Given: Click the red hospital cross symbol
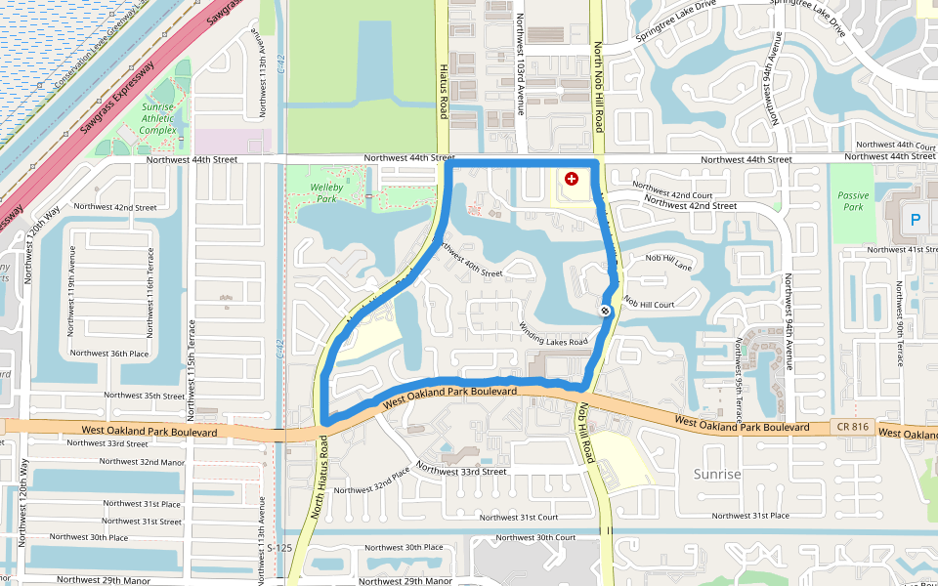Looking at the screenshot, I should pos(571,179).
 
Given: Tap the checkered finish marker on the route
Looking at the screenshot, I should pos(606,311).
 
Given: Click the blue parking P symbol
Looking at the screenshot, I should pos(916,221).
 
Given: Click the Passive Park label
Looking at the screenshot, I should pos(852,201).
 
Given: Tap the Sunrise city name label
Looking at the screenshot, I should pos(717,474).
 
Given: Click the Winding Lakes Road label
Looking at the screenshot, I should pos(553,334).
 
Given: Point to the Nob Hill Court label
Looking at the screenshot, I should pos(649,305).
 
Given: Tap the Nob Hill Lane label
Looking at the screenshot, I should pos(668,259).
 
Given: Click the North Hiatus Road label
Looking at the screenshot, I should pos(319,478).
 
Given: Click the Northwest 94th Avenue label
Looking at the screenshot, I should pos(788,311).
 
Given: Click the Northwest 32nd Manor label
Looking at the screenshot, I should pos(142,461).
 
